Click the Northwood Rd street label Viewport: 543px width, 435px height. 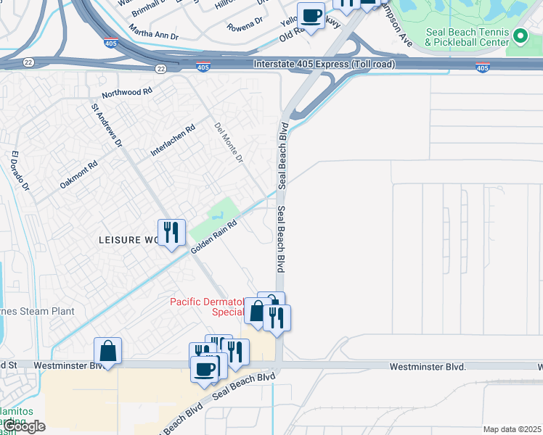[x=127, y=93]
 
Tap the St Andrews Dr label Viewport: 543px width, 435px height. [x=106, y=125]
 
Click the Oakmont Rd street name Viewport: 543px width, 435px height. [x=78, y=175]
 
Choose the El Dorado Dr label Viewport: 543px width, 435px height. [x=20, y=171]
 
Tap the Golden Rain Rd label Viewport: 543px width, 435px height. [x=214, y=237]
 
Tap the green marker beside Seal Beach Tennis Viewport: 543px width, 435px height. [x=520, y=36]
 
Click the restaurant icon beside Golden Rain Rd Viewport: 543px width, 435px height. [x=172, y=233]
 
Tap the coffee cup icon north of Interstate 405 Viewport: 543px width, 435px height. [x=311, y=15]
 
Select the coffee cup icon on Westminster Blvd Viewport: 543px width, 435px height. [x=204, y=369]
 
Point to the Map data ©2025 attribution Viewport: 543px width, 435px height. [x=512, y=429]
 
